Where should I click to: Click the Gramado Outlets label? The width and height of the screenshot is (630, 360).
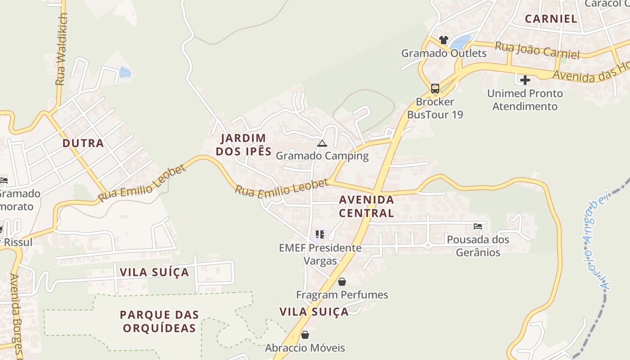[x=444, y=53]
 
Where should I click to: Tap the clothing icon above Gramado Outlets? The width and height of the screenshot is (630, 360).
[x=444, y=40]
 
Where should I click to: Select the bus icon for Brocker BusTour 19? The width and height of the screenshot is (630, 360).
[x=435, y=88]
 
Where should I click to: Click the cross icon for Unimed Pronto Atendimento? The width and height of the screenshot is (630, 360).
[x=525, y=81]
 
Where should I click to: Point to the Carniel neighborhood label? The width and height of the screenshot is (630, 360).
[x=551, y=18]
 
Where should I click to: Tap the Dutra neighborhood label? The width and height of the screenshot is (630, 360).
[x=83, y=143]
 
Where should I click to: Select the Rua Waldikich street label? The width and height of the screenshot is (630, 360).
[x=61, y=49]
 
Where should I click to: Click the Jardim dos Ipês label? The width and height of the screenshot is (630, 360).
[x=243, y=144]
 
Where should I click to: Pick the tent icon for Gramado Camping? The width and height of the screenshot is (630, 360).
[x=322, y=144]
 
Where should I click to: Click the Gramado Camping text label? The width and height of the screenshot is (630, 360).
[x=322, y=156]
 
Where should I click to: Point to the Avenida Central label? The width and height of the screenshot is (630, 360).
[x=366, y=206]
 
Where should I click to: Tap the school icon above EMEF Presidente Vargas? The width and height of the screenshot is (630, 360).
[x=320, y=234]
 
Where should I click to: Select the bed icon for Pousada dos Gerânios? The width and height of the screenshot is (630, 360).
[x=478, y=226]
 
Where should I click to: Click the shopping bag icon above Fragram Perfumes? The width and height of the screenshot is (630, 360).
[x=342, y=282]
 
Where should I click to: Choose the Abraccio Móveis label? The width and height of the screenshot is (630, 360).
[x=305, y=348]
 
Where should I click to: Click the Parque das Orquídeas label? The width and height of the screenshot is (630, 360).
[x=159, y=321]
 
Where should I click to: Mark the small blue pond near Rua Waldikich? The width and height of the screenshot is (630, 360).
[x=125, y=72]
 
